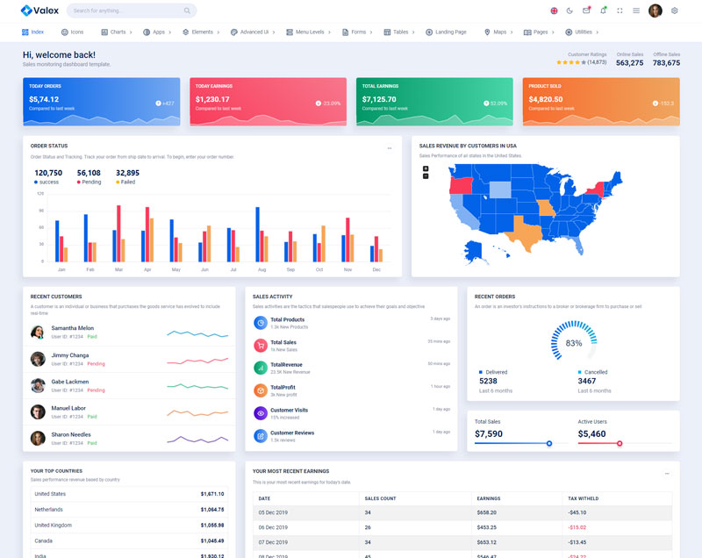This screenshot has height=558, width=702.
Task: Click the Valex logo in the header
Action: click(x=39, y=11)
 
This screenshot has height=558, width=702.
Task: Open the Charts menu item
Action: click(x=117, y=32)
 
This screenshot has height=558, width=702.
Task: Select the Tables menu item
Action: click(x=400, y=32)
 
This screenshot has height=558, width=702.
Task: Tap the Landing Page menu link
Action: click(x=450, y=32)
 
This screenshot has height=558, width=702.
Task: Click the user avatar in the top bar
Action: click(x=655, y=11)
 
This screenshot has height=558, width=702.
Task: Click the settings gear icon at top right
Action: click(x=675, y=11)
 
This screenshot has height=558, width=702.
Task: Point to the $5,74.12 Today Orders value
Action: click(x=44, y=99)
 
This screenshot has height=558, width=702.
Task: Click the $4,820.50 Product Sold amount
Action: click(x=546, y=99)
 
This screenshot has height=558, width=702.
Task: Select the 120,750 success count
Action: click(x=48, y=173)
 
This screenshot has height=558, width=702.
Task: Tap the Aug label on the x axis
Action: click(x=261, y=269)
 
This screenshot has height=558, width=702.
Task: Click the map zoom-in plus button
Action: click(x=426, y=168)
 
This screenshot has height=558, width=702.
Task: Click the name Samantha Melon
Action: click(x=72, y=328)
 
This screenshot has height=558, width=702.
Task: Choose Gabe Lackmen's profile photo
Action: click(x=38, y=386)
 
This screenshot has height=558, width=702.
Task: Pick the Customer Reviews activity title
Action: click(x=292, y=433)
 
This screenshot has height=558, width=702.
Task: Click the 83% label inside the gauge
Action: click(x=574, y=343)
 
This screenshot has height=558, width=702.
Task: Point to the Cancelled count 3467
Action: click(x=587, y=382)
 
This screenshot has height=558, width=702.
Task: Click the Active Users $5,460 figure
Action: click(x=591, y=433)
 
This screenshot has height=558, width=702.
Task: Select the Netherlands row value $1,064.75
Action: click(x=211, y=509)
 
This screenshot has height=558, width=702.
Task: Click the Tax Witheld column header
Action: click(x=583, y=498)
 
